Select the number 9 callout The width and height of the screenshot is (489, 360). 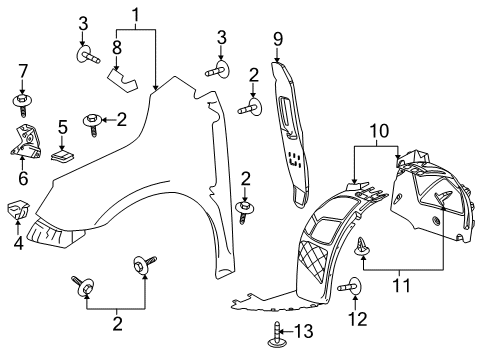tap(279, 40)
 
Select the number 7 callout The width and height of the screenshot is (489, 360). tap(22, 71)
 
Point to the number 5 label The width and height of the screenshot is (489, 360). tap(62, 129)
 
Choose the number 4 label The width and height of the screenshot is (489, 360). tap(18, 241)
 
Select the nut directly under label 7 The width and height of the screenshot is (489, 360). tap(22, 100)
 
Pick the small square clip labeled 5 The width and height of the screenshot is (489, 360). tap(63, 154)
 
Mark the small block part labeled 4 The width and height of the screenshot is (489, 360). tap(18, 210)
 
